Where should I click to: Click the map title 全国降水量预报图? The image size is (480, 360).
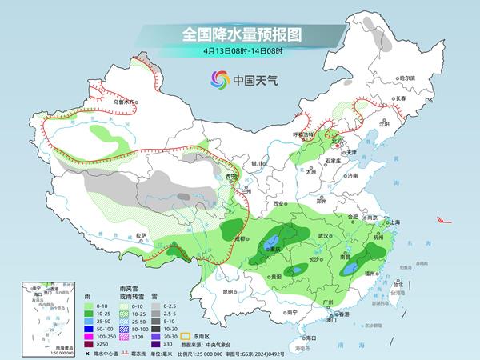239,34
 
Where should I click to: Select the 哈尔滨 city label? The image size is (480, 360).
408,78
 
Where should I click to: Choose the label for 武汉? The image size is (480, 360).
324,236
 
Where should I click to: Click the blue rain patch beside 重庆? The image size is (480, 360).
273,240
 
